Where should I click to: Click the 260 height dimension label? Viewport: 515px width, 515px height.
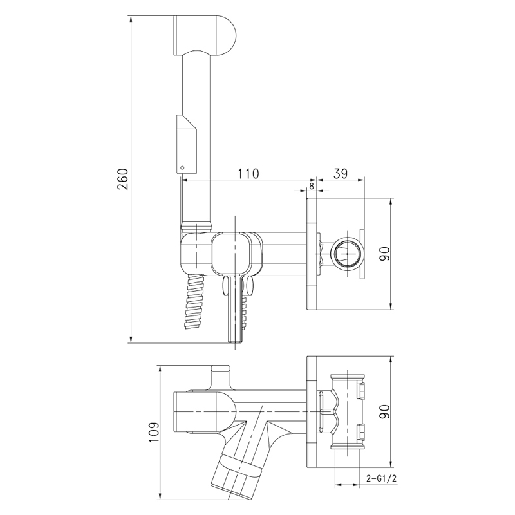(123, 180)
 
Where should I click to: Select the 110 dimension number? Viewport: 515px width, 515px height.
(248, 174)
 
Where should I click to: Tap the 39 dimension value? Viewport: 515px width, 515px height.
(341, 174)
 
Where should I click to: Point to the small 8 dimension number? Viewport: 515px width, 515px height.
(312, 186)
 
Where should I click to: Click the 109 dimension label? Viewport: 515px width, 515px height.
(153, 432)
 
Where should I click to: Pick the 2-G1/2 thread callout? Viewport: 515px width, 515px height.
(381, 478)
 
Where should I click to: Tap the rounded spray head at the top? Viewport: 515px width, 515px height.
(203, 35)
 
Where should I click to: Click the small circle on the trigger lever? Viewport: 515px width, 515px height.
(183, 168)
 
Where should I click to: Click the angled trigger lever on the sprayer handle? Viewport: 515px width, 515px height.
(187, 144)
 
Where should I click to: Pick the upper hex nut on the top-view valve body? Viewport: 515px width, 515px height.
(361, 390)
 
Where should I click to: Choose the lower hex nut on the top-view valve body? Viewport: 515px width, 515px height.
(361, 432)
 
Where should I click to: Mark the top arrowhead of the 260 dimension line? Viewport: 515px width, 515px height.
(131, 19)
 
